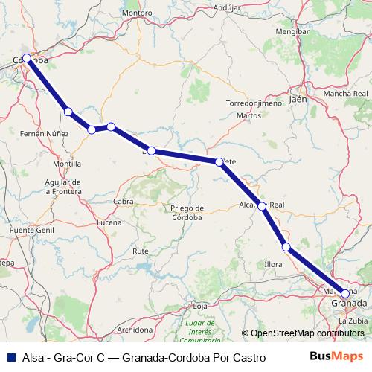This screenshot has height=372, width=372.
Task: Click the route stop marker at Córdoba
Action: click(27, 58)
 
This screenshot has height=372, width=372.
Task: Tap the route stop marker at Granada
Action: click(344, 294)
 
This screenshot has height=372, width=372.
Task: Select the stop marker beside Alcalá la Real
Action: click(262, 206)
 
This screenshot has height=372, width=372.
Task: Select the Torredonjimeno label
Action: click(254, 103)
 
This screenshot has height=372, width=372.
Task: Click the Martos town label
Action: click(248, 116)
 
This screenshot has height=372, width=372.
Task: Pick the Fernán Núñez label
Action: click(44, 132)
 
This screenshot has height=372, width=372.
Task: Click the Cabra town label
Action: click(123, 201)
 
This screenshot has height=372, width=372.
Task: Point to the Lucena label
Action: click(109, 222)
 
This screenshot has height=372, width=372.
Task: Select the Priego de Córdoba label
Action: click(187, 213)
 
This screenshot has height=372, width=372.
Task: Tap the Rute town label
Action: click(140, 251)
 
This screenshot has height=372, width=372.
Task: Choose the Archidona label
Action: click(135, 329)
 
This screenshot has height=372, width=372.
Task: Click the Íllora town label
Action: click(274, 264)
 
